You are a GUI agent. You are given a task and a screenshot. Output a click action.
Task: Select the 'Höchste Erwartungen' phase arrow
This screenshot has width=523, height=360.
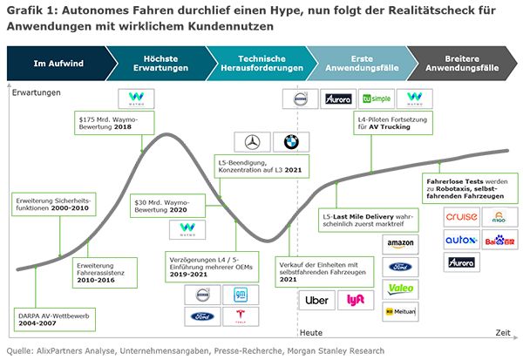pyautogui.click(x=160, y=63)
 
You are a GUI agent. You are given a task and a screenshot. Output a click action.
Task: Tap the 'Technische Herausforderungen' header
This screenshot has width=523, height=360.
pyautogui.click(x=262, y=63)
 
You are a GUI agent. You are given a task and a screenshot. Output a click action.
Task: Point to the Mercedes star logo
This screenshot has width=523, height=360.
pyautogui.click(x=251, y=142)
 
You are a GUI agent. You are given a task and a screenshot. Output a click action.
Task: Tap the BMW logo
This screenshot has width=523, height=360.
pyautogui.click(x=286, y=142)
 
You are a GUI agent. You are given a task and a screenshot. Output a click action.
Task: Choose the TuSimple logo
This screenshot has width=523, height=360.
pyautogui.click(x=379, y=98)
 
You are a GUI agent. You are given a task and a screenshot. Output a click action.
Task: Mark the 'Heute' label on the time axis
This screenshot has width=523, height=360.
pyautogui.click(x=311, y=333)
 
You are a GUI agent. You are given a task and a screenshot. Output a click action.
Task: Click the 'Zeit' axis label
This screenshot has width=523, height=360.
pyautogui.click(x=504, y=333)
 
